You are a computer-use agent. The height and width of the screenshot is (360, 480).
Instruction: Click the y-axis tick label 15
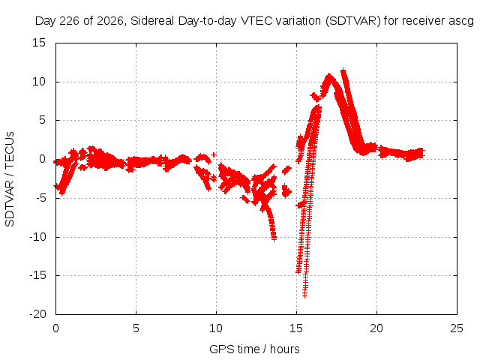[x=39, y=43]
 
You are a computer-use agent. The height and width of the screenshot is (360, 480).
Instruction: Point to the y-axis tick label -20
[x=37, y=314]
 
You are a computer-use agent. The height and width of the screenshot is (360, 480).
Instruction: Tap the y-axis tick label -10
[x=37, y=237]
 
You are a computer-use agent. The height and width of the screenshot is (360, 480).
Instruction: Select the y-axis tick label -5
[x=40, y=198]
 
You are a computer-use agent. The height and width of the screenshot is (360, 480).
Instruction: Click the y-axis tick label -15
[x=37, y=275]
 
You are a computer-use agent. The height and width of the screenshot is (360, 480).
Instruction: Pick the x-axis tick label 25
[x=457, y=328]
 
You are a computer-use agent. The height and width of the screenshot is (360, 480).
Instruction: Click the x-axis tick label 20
[x=376, y=328]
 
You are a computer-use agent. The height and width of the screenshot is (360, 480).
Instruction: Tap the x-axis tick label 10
[x=216, y=328]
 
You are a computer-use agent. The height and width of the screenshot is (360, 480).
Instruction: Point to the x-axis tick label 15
[x=296, y=328]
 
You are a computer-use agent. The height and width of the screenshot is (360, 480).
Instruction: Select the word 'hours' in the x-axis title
[x=285, y=349]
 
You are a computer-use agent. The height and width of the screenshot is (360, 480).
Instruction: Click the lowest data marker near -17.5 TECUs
[x=304, y=295]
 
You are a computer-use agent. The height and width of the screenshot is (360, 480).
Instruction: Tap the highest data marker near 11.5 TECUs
[x=343, y=71]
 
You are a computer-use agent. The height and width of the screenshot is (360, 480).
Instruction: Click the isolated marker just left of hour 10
[x=214, y=155]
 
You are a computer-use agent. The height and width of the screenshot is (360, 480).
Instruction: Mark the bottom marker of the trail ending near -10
[x=274, y=238]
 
